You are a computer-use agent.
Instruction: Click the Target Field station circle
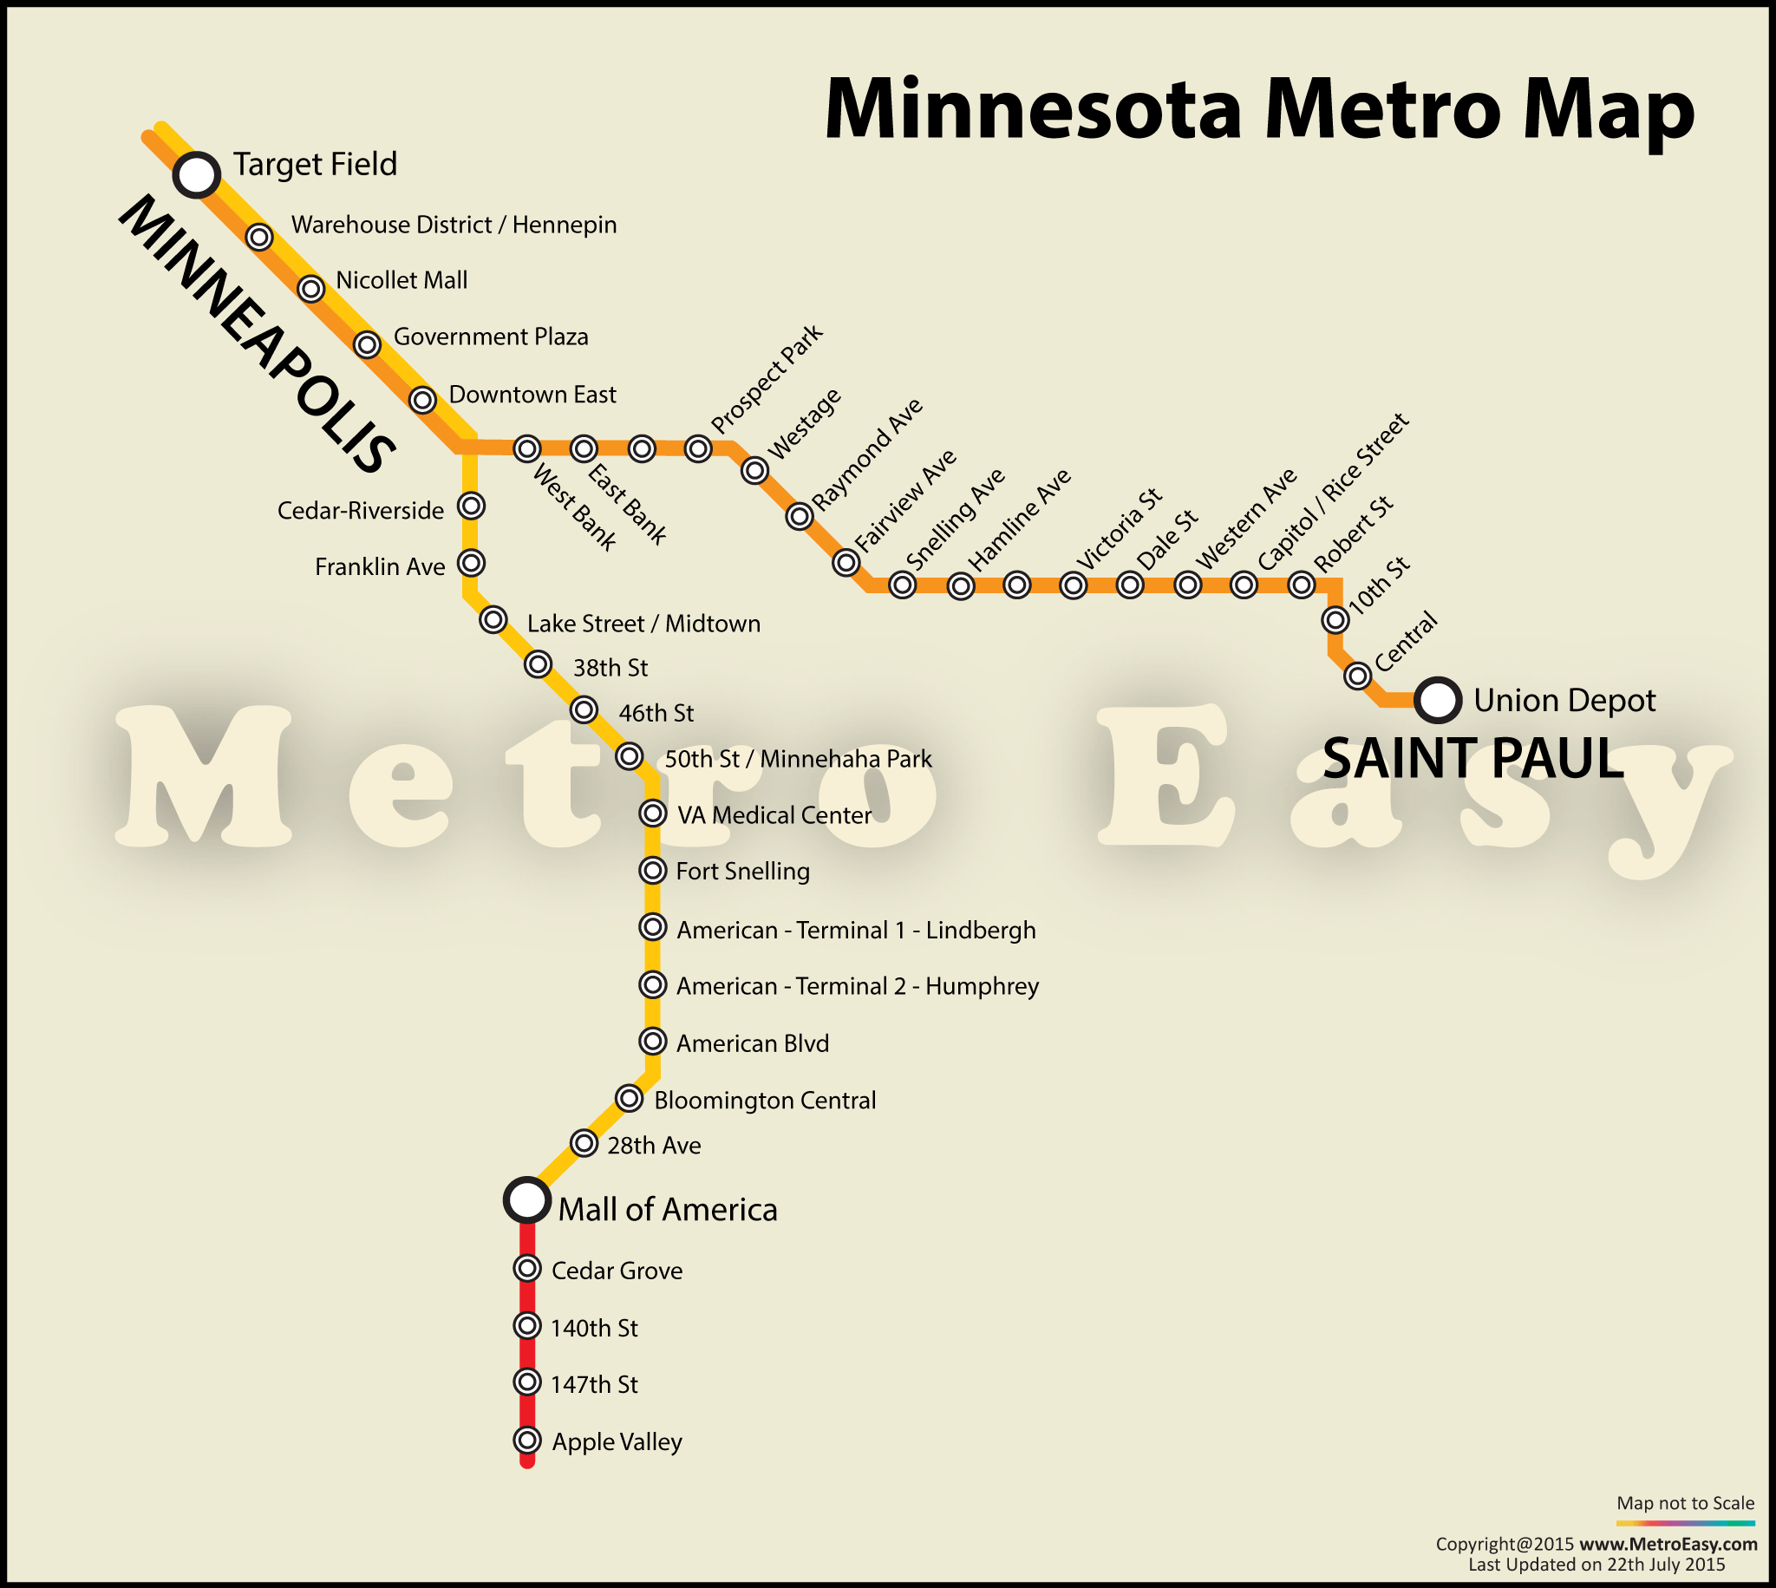[196, 174]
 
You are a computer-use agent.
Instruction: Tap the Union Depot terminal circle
[1438, 700]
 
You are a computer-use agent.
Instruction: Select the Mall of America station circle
[526, 1199]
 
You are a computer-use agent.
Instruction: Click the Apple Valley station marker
[527, 1441]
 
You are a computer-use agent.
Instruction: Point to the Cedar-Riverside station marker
[471, 505]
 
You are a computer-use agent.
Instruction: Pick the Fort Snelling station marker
[652, 870]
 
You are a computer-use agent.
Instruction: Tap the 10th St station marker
[1335, 619]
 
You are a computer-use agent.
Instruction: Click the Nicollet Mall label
[402, 280]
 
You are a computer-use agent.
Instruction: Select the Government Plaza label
[490, 337]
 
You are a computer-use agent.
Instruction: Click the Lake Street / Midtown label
[643, 624]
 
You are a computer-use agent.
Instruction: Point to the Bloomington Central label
[764, 1101]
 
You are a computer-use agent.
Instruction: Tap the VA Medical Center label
[774, 815]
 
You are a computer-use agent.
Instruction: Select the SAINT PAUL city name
[1472, 758]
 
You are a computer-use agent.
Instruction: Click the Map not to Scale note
[1684, 1502]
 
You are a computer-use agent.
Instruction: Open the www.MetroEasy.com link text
[1668, 1544]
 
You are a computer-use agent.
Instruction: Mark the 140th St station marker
[527, 1325]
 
